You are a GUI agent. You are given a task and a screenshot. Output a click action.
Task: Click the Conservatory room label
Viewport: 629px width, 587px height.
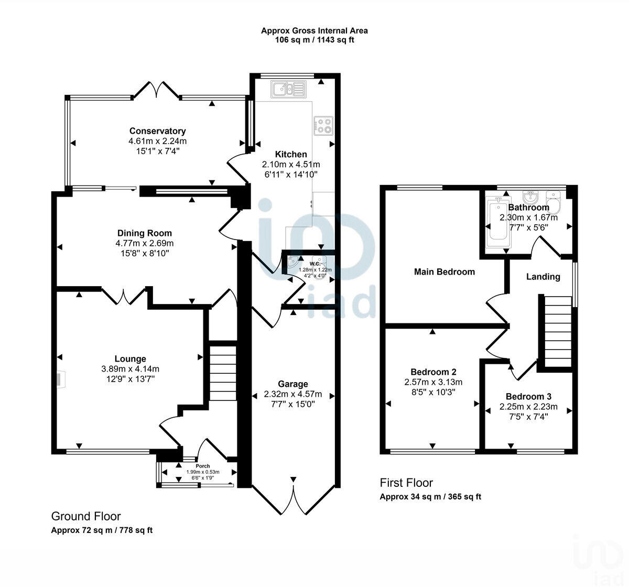tap(157, 131)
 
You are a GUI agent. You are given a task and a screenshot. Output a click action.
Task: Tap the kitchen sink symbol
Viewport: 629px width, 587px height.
tap(288, 89)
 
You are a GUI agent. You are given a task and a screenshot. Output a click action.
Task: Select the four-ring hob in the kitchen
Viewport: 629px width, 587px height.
tap(323, 125)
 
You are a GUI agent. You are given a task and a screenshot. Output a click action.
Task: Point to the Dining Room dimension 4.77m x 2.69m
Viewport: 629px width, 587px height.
tap(145, 243)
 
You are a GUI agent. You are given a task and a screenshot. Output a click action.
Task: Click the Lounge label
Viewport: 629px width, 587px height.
tap(130, 358)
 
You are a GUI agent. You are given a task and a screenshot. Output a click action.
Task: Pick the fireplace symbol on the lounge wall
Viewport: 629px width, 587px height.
tap(60, 380)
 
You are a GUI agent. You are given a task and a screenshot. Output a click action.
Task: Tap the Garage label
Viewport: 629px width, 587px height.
tap(293, 384)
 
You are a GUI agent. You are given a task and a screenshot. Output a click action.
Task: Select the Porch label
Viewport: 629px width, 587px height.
tap(203, 466)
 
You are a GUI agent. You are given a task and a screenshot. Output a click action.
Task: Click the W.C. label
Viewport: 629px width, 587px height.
tap(315, 264)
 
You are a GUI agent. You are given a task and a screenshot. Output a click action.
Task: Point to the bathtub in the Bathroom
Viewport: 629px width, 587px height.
tap(498, 222)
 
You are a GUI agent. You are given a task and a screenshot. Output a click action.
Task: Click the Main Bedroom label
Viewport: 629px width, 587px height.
tap(444, 272)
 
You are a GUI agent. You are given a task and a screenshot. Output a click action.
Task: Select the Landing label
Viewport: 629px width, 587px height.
tap(543, 277)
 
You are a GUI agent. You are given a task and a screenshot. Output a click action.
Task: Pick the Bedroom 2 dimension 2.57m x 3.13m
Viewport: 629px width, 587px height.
tap(433, 382)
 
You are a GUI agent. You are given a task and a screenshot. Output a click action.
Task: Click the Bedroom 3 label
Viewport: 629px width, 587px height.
tap(528, 397)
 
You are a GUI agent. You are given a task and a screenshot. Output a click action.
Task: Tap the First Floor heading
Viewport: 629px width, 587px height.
tap(406, 483)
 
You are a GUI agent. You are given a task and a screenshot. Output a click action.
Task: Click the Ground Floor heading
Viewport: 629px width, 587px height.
tap(86, 516)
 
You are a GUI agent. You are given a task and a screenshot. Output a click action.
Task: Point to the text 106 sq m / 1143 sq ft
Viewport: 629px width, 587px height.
tap(314, 40)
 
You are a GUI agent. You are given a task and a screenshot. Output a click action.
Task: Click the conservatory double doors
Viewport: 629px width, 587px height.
tap(156, 90)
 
